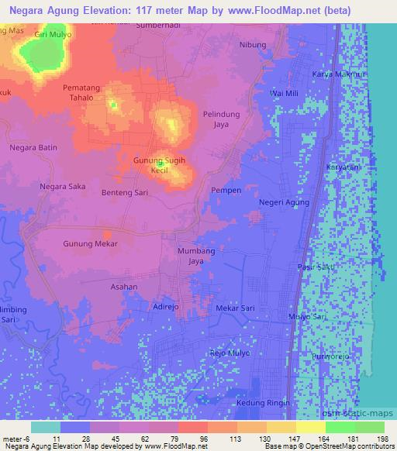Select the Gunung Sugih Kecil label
pos(161,164)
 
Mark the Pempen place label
pos(226,189)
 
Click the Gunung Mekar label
pos(90,243)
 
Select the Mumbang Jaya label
pos(195,256)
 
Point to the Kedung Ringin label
pos(263,403)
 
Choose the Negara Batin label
pos(33,147)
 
